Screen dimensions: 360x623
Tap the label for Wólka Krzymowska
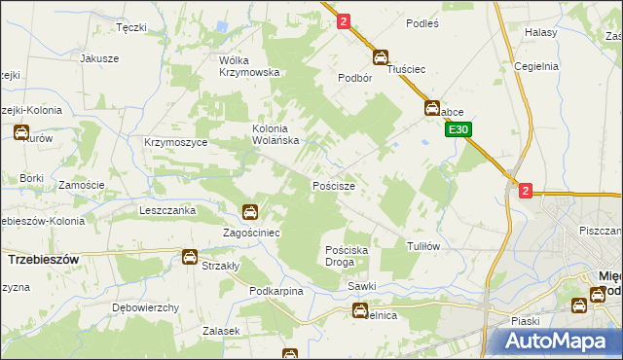point(249,66)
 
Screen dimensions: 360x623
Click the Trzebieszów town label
point(44,261)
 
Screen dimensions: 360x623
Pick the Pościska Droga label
point(347,256)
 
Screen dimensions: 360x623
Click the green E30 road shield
point(460,128)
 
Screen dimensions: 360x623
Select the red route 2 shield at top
point(344,20)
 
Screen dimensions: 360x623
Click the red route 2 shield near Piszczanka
point(526,192)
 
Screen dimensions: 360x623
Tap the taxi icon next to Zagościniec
point(250,212)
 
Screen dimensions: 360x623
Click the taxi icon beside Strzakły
point(189,257)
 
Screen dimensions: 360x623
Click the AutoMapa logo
point(560,341)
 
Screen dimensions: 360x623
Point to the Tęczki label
point(130,27)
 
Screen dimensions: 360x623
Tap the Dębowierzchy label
point(145,307)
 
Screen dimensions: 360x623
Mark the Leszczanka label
point(167,210)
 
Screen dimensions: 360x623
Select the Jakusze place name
point(99,58)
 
